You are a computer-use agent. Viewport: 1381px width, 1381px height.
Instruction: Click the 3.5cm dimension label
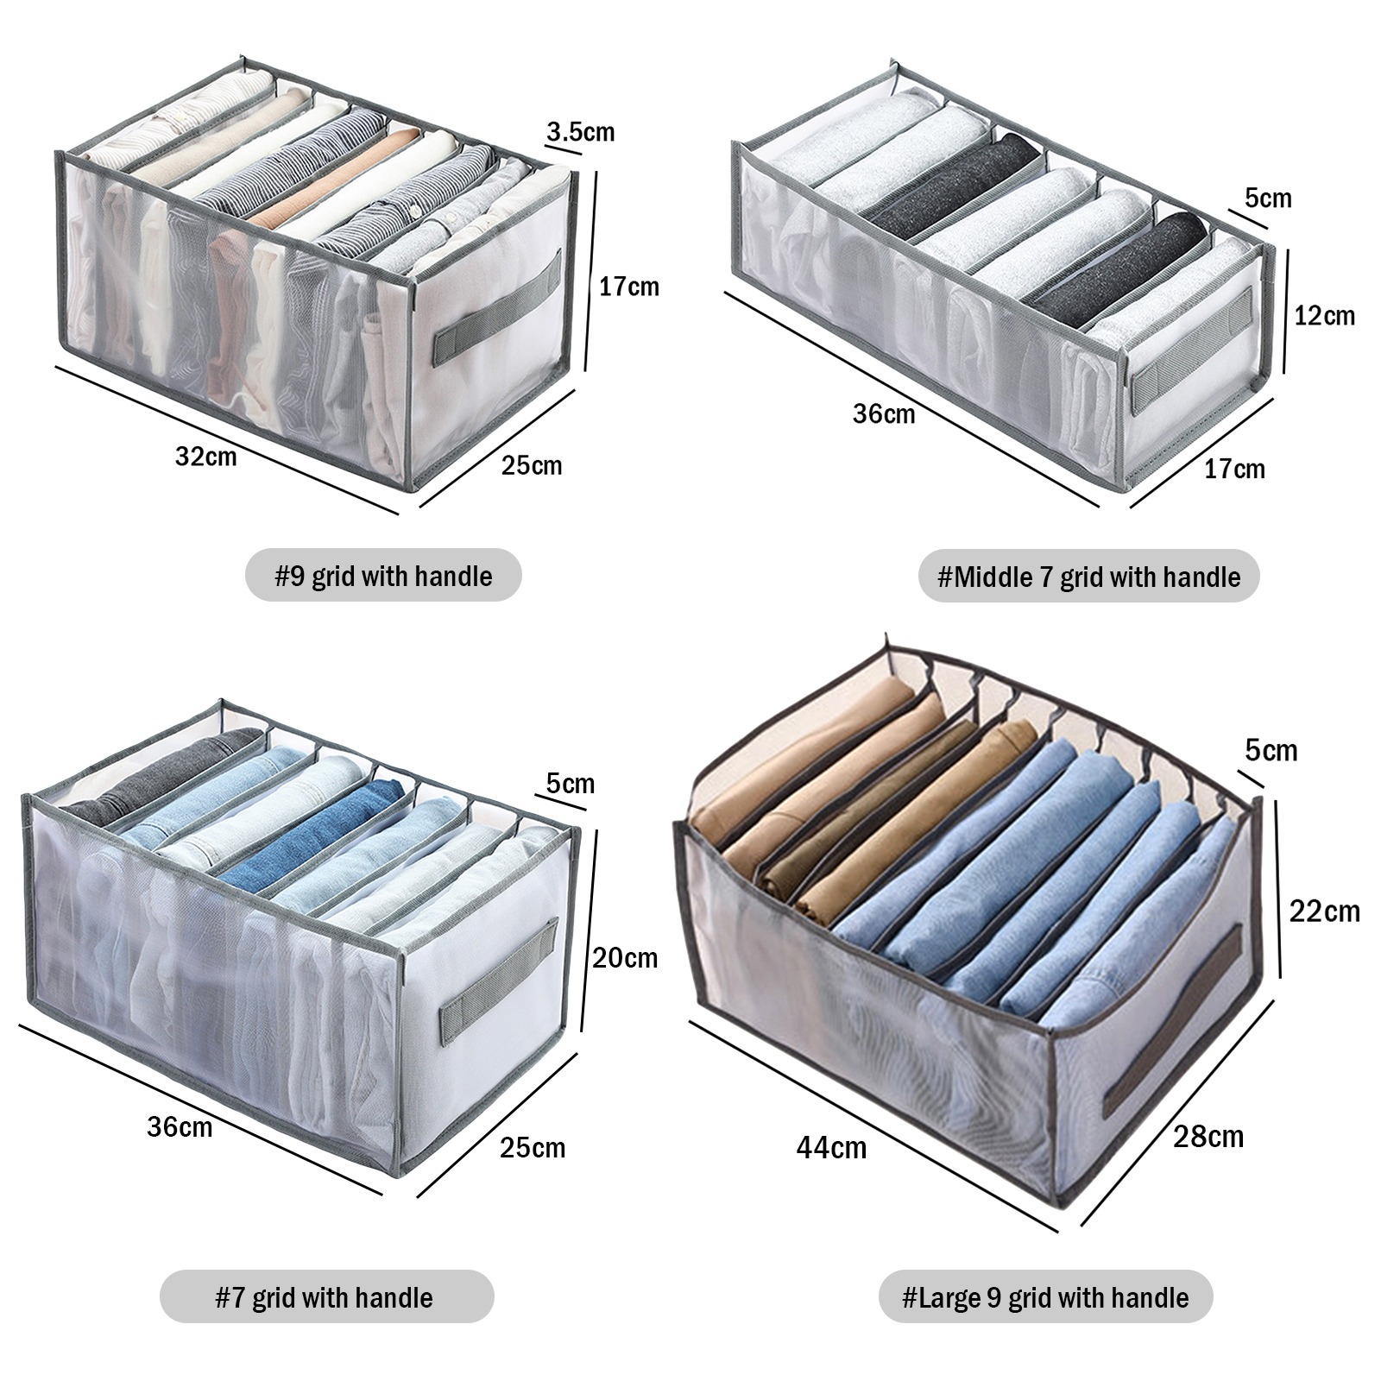click(580, 132)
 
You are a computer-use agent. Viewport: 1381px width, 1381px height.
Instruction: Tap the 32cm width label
click(205, 456)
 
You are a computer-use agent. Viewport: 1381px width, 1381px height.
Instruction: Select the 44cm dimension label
click(831, 1147)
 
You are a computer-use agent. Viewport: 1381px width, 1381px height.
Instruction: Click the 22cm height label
click(1324, 911)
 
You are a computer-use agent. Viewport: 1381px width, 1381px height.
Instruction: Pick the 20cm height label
click(625, 957)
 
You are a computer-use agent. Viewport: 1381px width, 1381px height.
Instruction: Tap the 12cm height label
click(1324, 316)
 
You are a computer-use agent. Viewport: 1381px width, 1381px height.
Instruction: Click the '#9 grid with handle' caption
click(383, 576)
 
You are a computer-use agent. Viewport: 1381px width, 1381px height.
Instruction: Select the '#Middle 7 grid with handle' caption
click(1088, 576)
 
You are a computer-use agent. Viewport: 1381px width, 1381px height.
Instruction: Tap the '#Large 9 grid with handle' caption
click(1045, 1297)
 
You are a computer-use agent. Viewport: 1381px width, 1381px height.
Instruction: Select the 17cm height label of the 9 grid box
click(628, 286)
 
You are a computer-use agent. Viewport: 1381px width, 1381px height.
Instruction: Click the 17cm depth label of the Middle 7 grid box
click(1234, 469)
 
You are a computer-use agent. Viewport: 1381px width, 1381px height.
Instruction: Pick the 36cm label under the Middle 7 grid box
click(884, 413)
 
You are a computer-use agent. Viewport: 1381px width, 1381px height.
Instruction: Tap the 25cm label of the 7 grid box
click(533, 1147)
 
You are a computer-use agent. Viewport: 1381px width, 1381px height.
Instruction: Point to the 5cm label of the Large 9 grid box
click(1271, 750)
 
